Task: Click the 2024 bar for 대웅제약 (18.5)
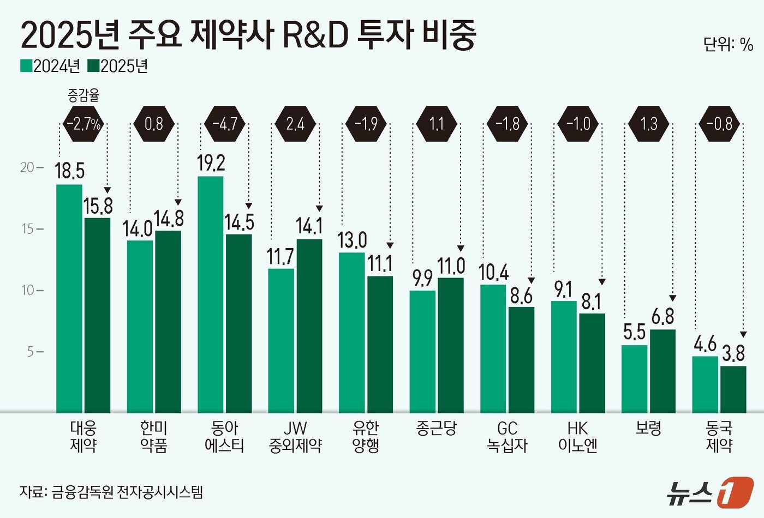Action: click(x=69, y=298)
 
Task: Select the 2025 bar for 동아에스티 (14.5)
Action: click(x=238, y=323)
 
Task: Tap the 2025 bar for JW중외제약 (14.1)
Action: click(x=309, y=326)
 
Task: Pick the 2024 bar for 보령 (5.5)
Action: click(x=634, y=378)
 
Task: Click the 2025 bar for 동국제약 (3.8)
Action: click(x=733, y=389)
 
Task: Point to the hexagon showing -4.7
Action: click(x=225, y=124)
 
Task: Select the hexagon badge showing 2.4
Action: click(x=295, y=124)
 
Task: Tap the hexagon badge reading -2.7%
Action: click(x=83, y=124)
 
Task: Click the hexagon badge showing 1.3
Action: click(x=649, y=124)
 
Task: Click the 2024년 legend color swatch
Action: click(x=26, y=66)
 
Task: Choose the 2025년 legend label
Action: click(x=124, y=66)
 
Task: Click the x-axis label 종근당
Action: click(x=436, y=429)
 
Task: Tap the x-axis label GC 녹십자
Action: click(x=507, y=437)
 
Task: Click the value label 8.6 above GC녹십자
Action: click(x=521, y=296)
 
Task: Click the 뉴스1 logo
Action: click(x=709, y=492)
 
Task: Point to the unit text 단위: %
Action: click(x=728, y=45)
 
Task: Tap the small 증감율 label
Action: click(x=83, y=97)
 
